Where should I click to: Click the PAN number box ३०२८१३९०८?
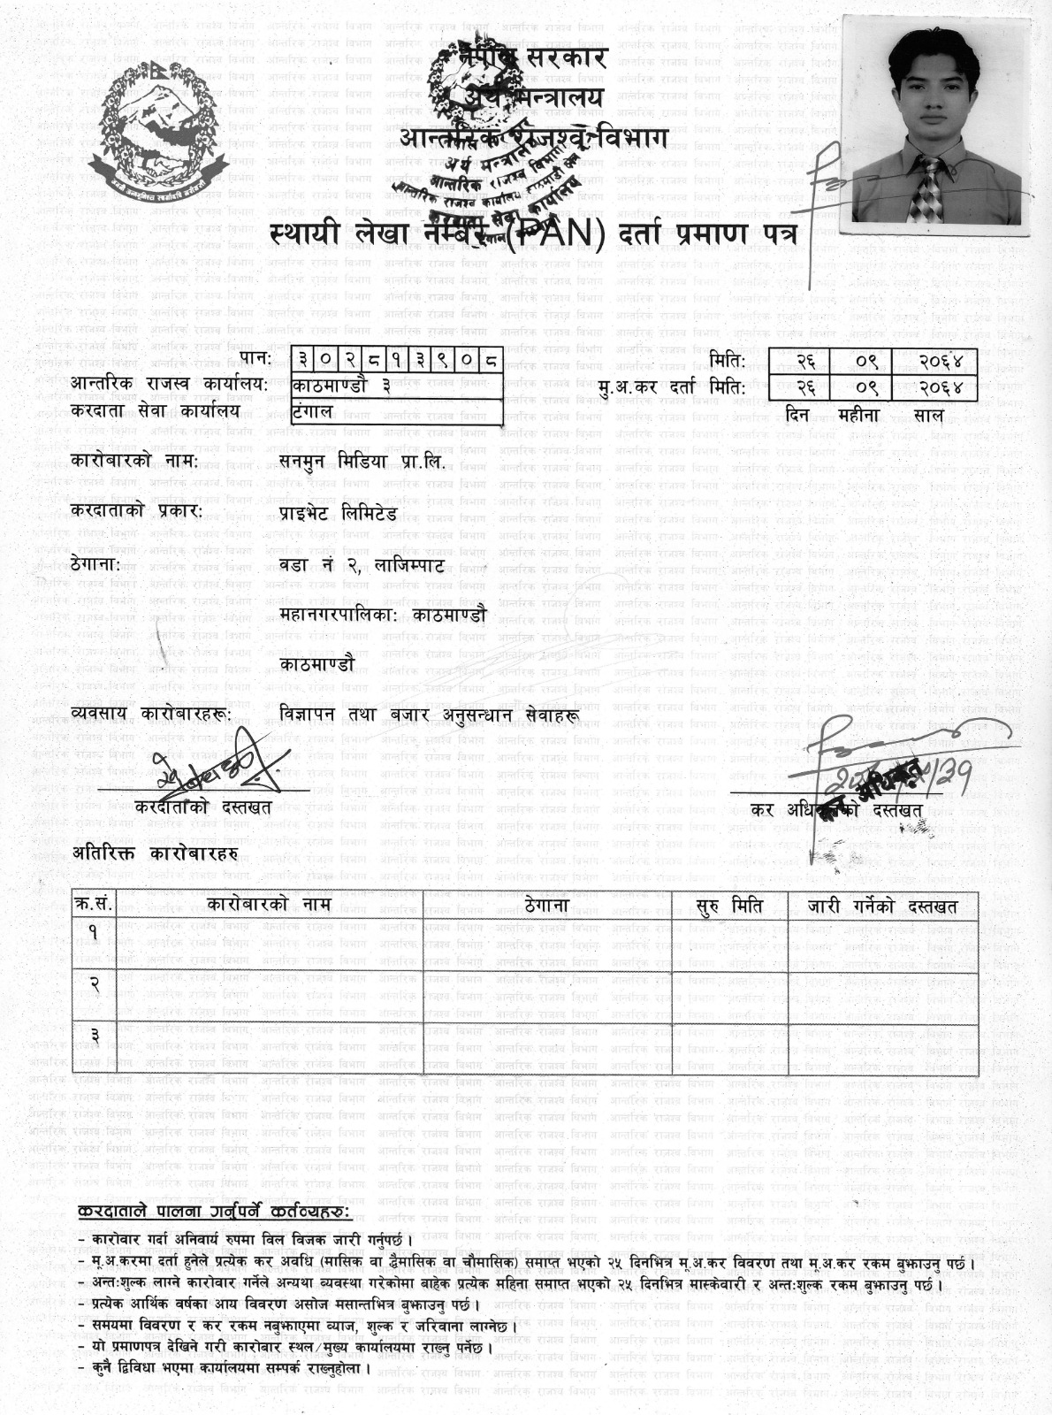pos(399,360)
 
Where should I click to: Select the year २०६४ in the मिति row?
pos(935,361)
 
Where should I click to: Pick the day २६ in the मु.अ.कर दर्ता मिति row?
pos(804,387)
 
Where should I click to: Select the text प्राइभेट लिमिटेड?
pos(338,512)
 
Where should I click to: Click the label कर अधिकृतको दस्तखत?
pos(835,808)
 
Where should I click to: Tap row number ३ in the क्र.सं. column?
pos(94,1034)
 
